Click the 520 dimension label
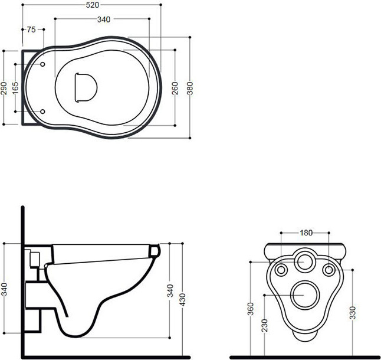[93, 5]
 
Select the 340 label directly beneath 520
[104, 19]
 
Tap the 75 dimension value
[31, 30]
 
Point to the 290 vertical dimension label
[4, 88]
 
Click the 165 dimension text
[15, 88]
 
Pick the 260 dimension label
[175, 88]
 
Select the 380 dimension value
[190, 88]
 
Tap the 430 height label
[182, 299]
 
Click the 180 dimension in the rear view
[306, 233]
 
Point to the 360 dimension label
[251, 309]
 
